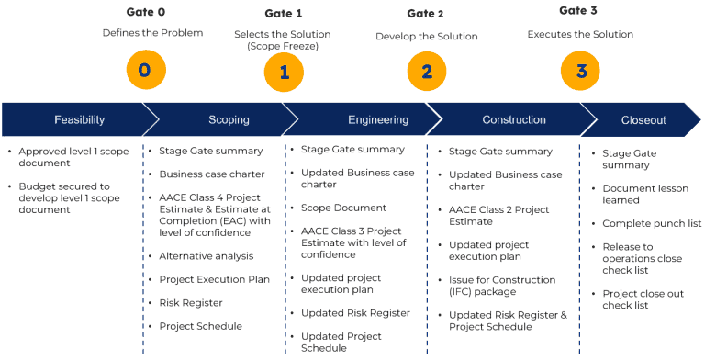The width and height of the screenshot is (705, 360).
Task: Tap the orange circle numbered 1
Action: [284, 73]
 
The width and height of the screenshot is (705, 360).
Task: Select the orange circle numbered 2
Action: [427, 73]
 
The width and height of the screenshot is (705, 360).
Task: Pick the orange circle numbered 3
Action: [581, 71]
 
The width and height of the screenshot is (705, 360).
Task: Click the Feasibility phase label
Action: [79, 120]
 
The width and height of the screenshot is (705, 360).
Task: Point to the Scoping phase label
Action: [229, 120]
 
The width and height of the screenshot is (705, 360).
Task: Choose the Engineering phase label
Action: [378, 120]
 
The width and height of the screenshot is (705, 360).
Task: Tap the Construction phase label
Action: [514, 120]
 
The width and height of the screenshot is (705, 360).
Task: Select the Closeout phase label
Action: [643, 120]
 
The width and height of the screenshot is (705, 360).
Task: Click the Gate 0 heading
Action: [145, 12]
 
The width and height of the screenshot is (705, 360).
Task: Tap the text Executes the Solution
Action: [580, 35]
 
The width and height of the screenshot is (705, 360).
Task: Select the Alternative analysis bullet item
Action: [206, 256]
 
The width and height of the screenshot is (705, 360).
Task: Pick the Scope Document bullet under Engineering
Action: [343, 208]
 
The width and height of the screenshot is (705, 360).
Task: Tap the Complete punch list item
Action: [651, 223]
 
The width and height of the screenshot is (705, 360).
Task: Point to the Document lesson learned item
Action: [643, 194]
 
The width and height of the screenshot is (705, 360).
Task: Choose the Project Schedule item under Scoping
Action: [200, 326]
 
